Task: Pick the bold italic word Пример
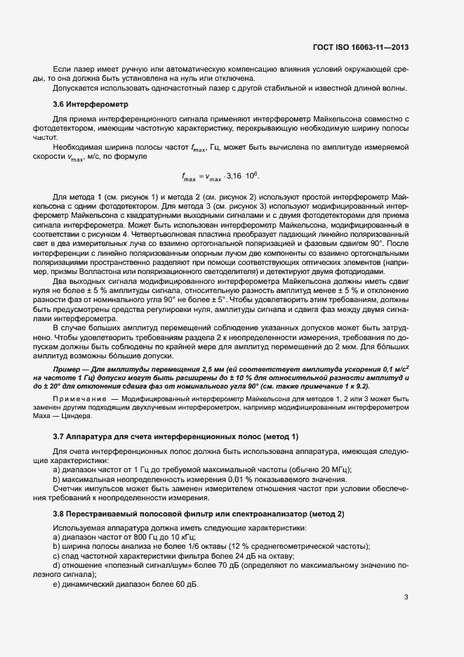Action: tap(69, 367)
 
